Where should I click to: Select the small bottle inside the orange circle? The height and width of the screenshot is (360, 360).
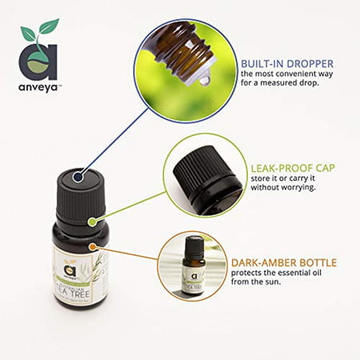pyautogui.click(x=191, y=264)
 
